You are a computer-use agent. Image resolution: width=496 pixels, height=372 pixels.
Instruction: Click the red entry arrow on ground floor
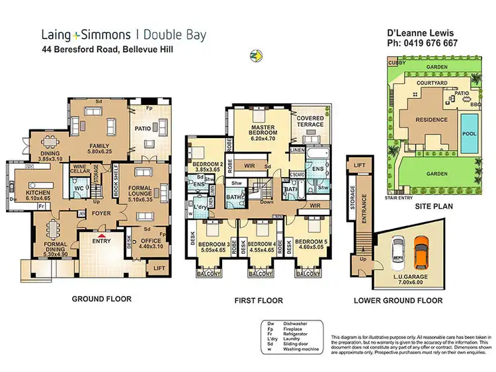click(x=101, y=235)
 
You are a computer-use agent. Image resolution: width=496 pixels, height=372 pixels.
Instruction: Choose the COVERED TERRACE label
click(x=310, y=120)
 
